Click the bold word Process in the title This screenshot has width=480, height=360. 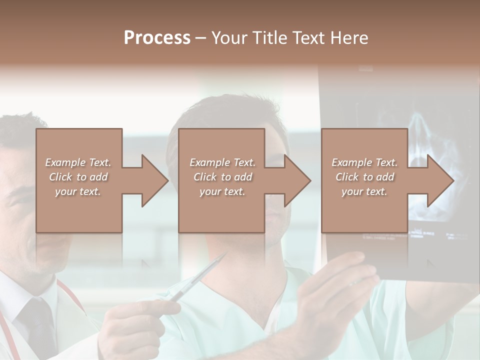(x=157, y=38)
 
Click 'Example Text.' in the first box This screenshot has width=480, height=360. (x=78, y=162)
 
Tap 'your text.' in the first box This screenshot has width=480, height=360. (x=78, y=191)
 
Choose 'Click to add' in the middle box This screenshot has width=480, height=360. (x=222, y=177)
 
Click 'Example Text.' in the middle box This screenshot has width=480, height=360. (x=222, y=162)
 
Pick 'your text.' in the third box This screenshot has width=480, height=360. (x=364, y=191)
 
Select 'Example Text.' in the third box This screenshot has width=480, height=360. (x=364, y=162)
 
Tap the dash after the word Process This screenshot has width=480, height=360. (x=201, y=38)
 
